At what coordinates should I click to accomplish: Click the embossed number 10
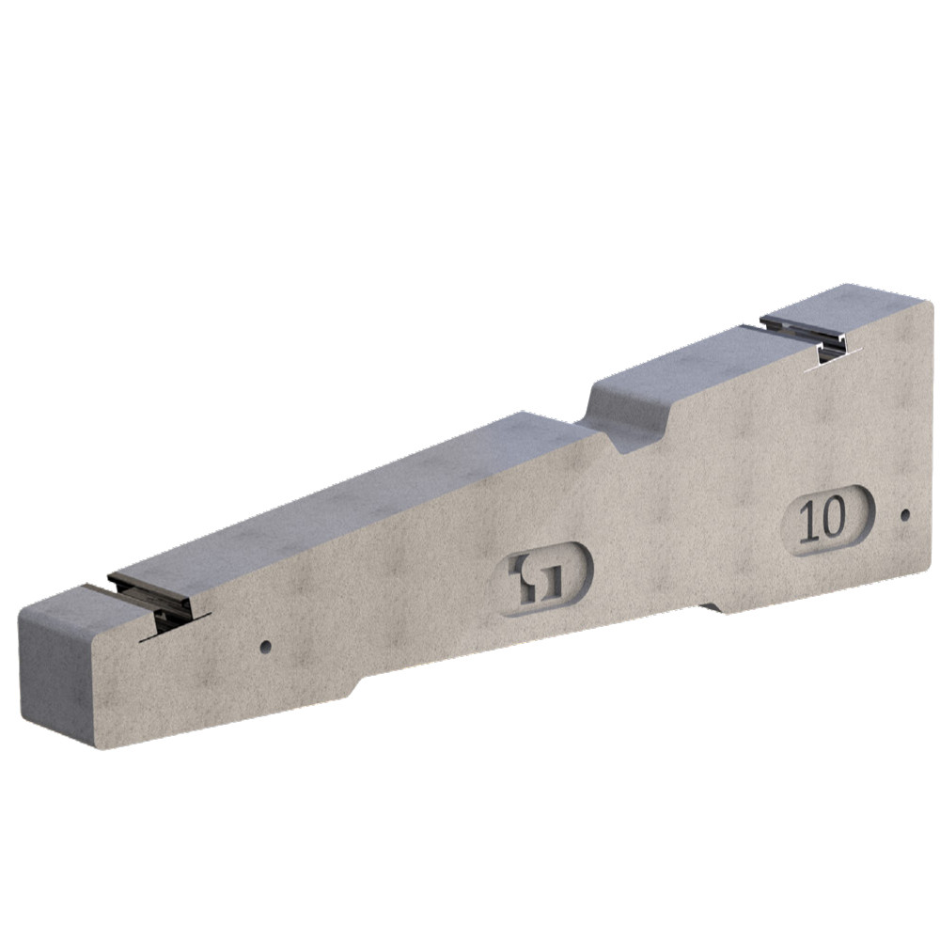[822, 520]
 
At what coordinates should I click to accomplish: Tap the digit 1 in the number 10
[808, 521]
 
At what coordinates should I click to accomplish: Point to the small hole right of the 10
[904, 515]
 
